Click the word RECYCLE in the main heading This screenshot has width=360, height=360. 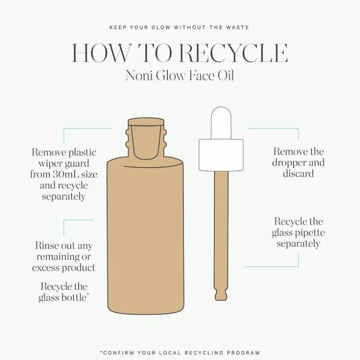[x=233, y=53]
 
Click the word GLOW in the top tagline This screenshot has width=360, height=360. [x=161, y=27]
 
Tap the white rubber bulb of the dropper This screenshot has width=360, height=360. [x=221, y=123]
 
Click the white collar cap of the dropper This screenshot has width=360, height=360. [x=221, y=155]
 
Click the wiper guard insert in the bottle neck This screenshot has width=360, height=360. [x=146, y=139]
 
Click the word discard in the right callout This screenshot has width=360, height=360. [x=298, y=173]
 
